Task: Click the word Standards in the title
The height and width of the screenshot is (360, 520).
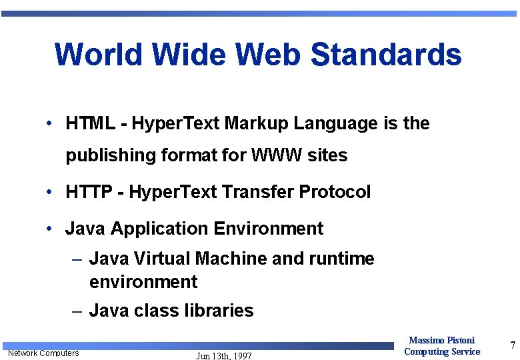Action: tap(386, 55)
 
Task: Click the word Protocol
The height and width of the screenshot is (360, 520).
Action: tap(335, 193)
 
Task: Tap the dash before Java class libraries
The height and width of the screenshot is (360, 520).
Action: tap(77, 311)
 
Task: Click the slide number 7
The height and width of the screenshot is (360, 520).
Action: tap(512, 345)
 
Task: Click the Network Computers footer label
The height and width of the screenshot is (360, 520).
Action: tap(43, 353)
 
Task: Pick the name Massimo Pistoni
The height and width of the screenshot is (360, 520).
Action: tap(441, 341)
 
